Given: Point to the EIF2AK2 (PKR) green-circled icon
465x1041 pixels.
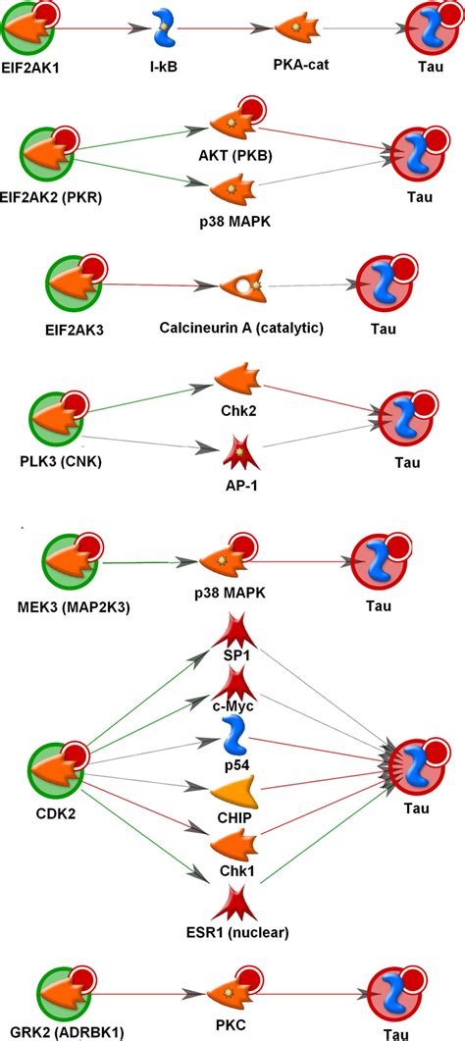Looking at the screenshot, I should pos(48,157).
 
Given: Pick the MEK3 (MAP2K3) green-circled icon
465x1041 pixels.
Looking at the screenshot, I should pos(71,562).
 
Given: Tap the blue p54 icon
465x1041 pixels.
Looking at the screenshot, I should pos(233,734).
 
